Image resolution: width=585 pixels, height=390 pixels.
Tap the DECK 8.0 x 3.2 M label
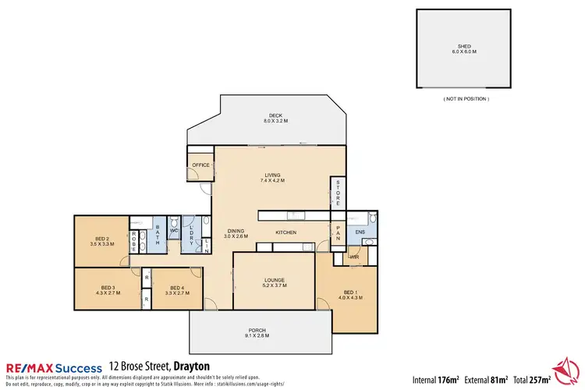[x=275, y=119]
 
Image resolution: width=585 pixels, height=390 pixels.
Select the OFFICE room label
[x=201, y=165]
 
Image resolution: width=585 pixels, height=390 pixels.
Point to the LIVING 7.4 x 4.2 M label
[x=272, y=178]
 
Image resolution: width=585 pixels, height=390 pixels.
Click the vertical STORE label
[x=338, y=192]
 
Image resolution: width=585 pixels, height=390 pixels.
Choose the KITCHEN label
[x=287, y=232]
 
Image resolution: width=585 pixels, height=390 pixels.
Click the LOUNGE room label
[x=273, y=283]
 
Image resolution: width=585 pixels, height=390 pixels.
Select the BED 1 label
[x=346, y=293]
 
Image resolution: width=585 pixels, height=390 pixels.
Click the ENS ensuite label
[x=360, y=232]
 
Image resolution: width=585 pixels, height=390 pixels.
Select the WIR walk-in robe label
[x=353, y=257]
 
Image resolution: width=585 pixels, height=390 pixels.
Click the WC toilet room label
[x=175, y=231]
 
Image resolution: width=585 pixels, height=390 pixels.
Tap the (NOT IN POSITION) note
[x=466, y=99]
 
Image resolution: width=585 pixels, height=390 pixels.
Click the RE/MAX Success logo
[x=53, y=367]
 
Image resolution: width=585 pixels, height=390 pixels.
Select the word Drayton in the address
[x=187, y=366]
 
